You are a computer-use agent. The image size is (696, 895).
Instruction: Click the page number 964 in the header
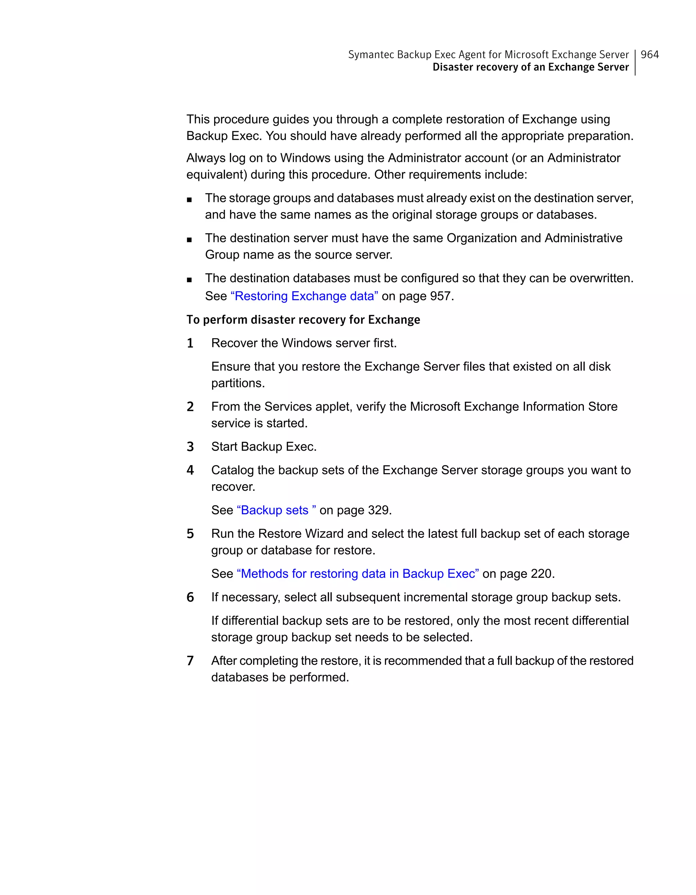click(649, 54)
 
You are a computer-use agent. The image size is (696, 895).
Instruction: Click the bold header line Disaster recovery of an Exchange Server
click(530, 67)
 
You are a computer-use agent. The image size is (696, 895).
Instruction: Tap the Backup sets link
click(276, 510)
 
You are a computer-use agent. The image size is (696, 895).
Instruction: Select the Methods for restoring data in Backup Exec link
click(358, 574)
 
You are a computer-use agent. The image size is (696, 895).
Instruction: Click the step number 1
click(190, 343)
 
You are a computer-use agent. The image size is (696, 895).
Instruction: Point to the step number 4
click(190, 470)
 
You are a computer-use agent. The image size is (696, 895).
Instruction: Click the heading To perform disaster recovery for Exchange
click(303, 320)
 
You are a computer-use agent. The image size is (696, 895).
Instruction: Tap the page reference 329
click(379, 510)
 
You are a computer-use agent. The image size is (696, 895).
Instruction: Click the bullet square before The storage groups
click(189, 200)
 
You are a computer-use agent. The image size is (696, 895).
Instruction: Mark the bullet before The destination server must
click(189, 240)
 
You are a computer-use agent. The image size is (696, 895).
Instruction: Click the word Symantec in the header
click(371, 54)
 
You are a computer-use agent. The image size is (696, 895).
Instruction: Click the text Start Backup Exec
click(264, 447)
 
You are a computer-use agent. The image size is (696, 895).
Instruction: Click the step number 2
click(190, 407)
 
